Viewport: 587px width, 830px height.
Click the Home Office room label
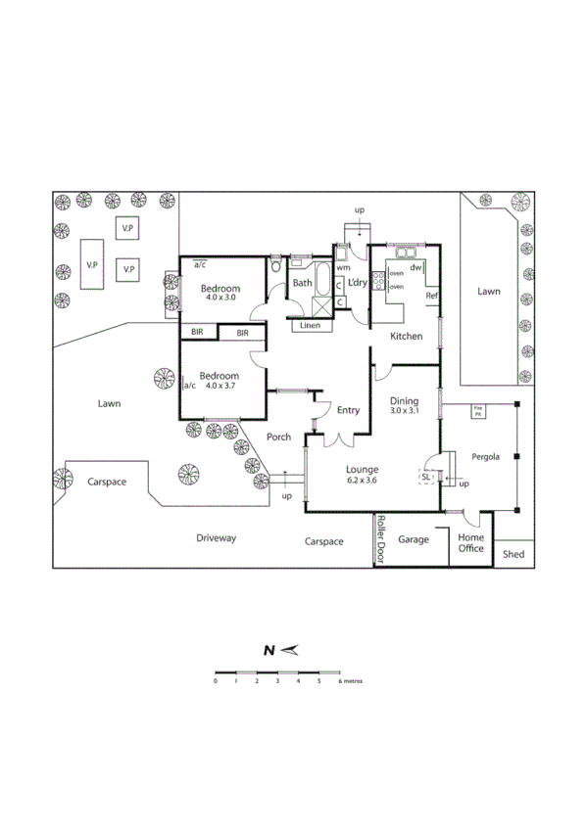click(471, 543)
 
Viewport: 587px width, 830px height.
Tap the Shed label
click(513, 554)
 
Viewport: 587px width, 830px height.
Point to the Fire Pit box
click(478, 411)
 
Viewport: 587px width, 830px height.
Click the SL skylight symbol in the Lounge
click(427, 477)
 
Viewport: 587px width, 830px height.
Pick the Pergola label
click(485, 456)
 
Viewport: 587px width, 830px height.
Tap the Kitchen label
click(407, 336)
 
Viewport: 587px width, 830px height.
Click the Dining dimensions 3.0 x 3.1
click(405, 412)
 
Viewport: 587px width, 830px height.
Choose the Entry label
click(348, 410)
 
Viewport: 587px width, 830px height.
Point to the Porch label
click(278, 437)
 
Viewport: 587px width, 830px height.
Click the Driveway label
click(216, 537)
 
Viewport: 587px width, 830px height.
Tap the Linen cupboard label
click(310, 325)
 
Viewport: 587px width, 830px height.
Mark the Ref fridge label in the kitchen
click(430, 295)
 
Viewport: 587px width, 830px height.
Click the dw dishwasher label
click(416, 267)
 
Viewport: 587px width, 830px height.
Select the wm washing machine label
click(343, 267)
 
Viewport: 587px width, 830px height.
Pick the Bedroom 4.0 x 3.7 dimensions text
click(220, 386)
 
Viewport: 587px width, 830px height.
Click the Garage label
click(413, 539)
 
